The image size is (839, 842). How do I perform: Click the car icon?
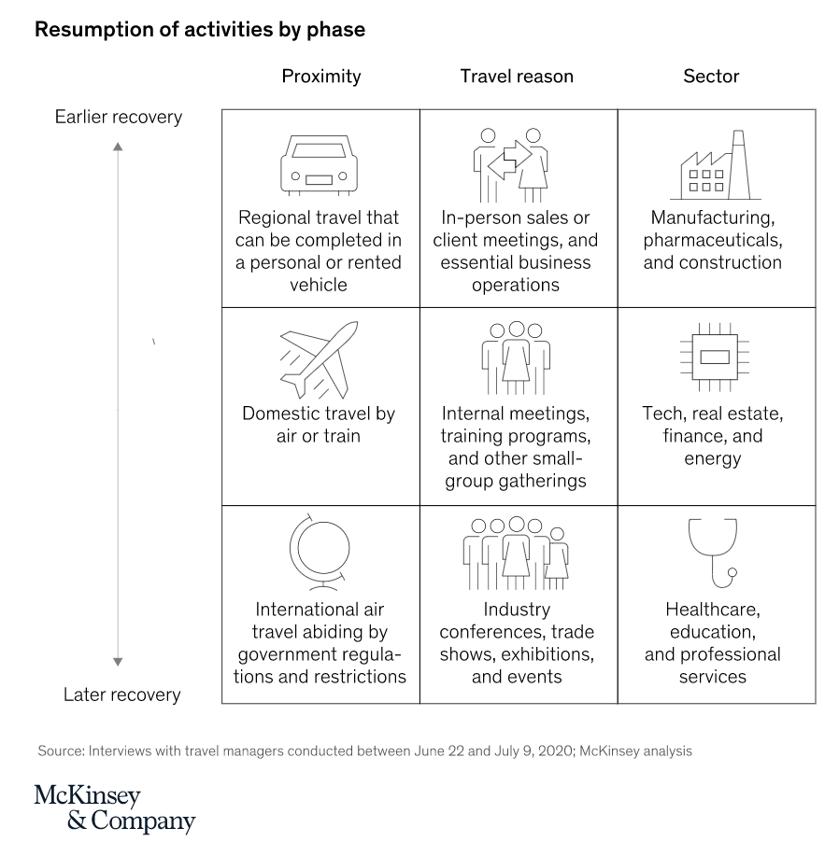(x=319, y=165)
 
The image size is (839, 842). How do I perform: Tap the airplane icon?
(x=319, y=359)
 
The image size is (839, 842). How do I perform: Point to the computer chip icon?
(x=715, y=358)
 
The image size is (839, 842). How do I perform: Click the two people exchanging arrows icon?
(x=511, y=165)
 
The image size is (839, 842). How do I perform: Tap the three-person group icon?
(x=516, y=358)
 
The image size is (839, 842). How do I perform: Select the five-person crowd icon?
(x=516, y=554)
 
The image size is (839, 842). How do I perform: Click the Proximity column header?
(x=321, y=77)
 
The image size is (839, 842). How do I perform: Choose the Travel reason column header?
(x=517, y=77)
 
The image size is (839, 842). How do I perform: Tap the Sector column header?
(x=711, y=77)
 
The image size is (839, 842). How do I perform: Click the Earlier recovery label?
(x=119, y=117)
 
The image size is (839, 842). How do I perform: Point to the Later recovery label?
(x=122, y=695)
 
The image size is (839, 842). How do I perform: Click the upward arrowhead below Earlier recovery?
(x=119, y=147)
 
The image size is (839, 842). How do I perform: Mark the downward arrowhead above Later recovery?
(x=119, y=662)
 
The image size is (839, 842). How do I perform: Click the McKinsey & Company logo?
(x=115, y=808)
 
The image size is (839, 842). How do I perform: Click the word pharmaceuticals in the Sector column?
(x=713, y=240)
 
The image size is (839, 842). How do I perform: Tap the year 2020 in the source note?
(x=556, y=751)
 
